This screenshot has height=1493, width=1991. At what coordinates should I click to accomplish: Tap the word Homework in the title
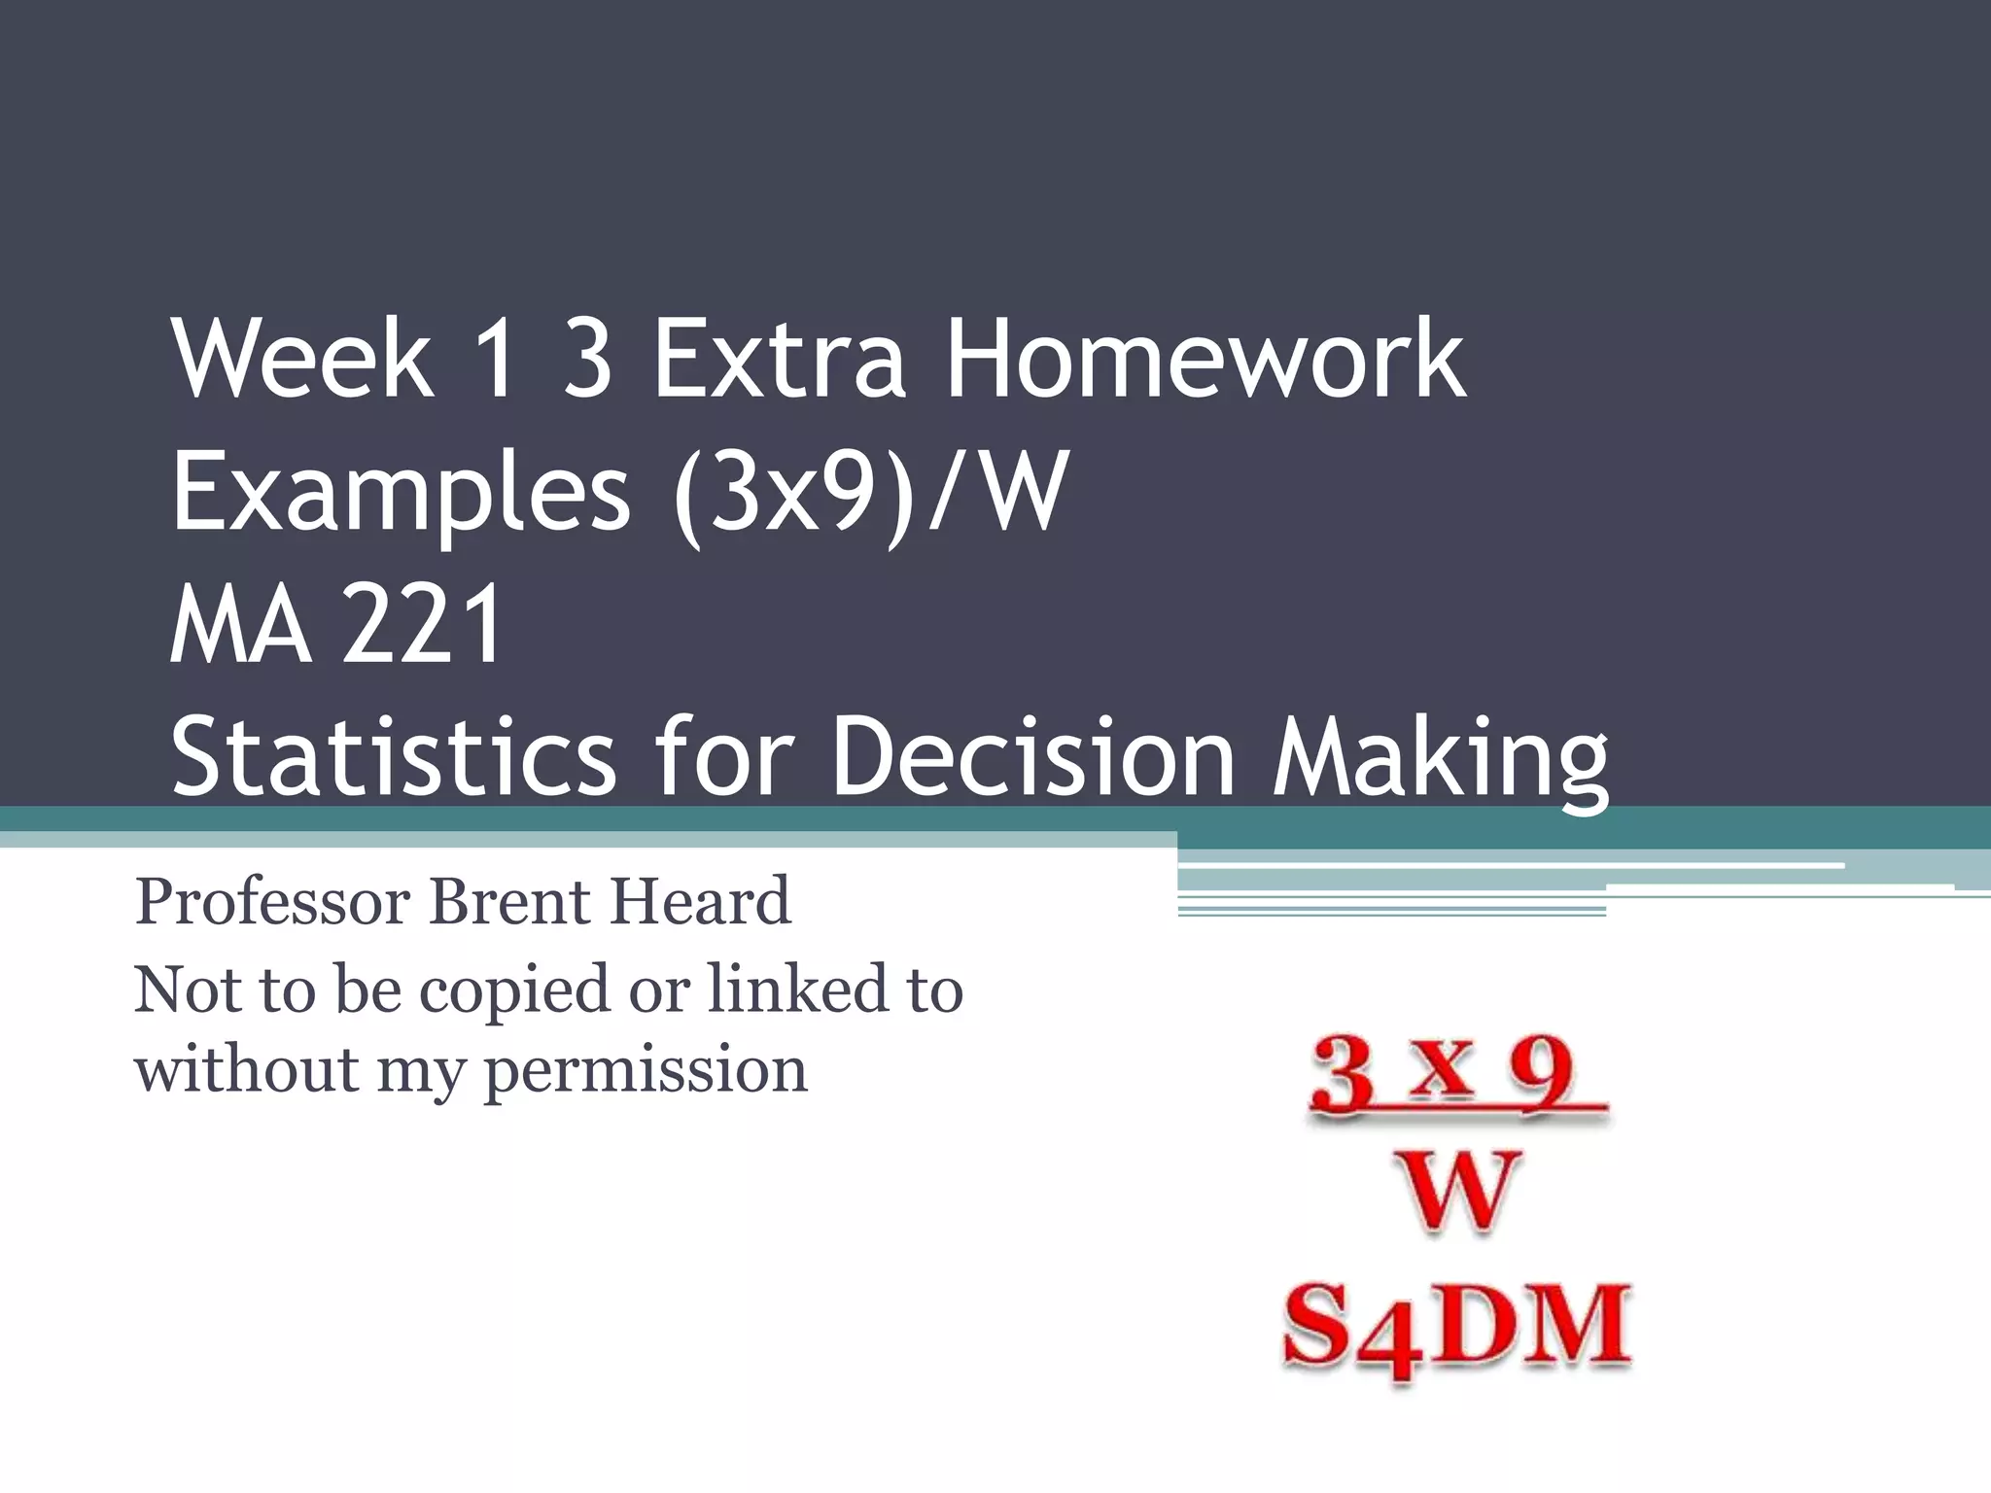(x=1205, y=360)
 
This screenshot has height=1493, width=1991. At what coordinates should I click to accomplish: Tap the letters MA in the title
(x=241, y=624)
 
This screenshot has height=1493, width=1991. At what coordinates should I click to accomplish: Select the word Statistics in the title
(x=394, y=756)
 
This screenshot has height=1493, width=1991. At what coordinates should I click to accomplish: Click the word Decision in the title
(x=1032, y=756)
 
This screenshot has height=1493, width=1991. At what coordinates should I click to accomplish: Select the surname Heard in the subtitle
(x=699, y=902)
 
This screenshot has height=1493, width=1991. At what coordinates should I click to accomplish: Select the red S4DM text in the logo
(x=1455, y=1328)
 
